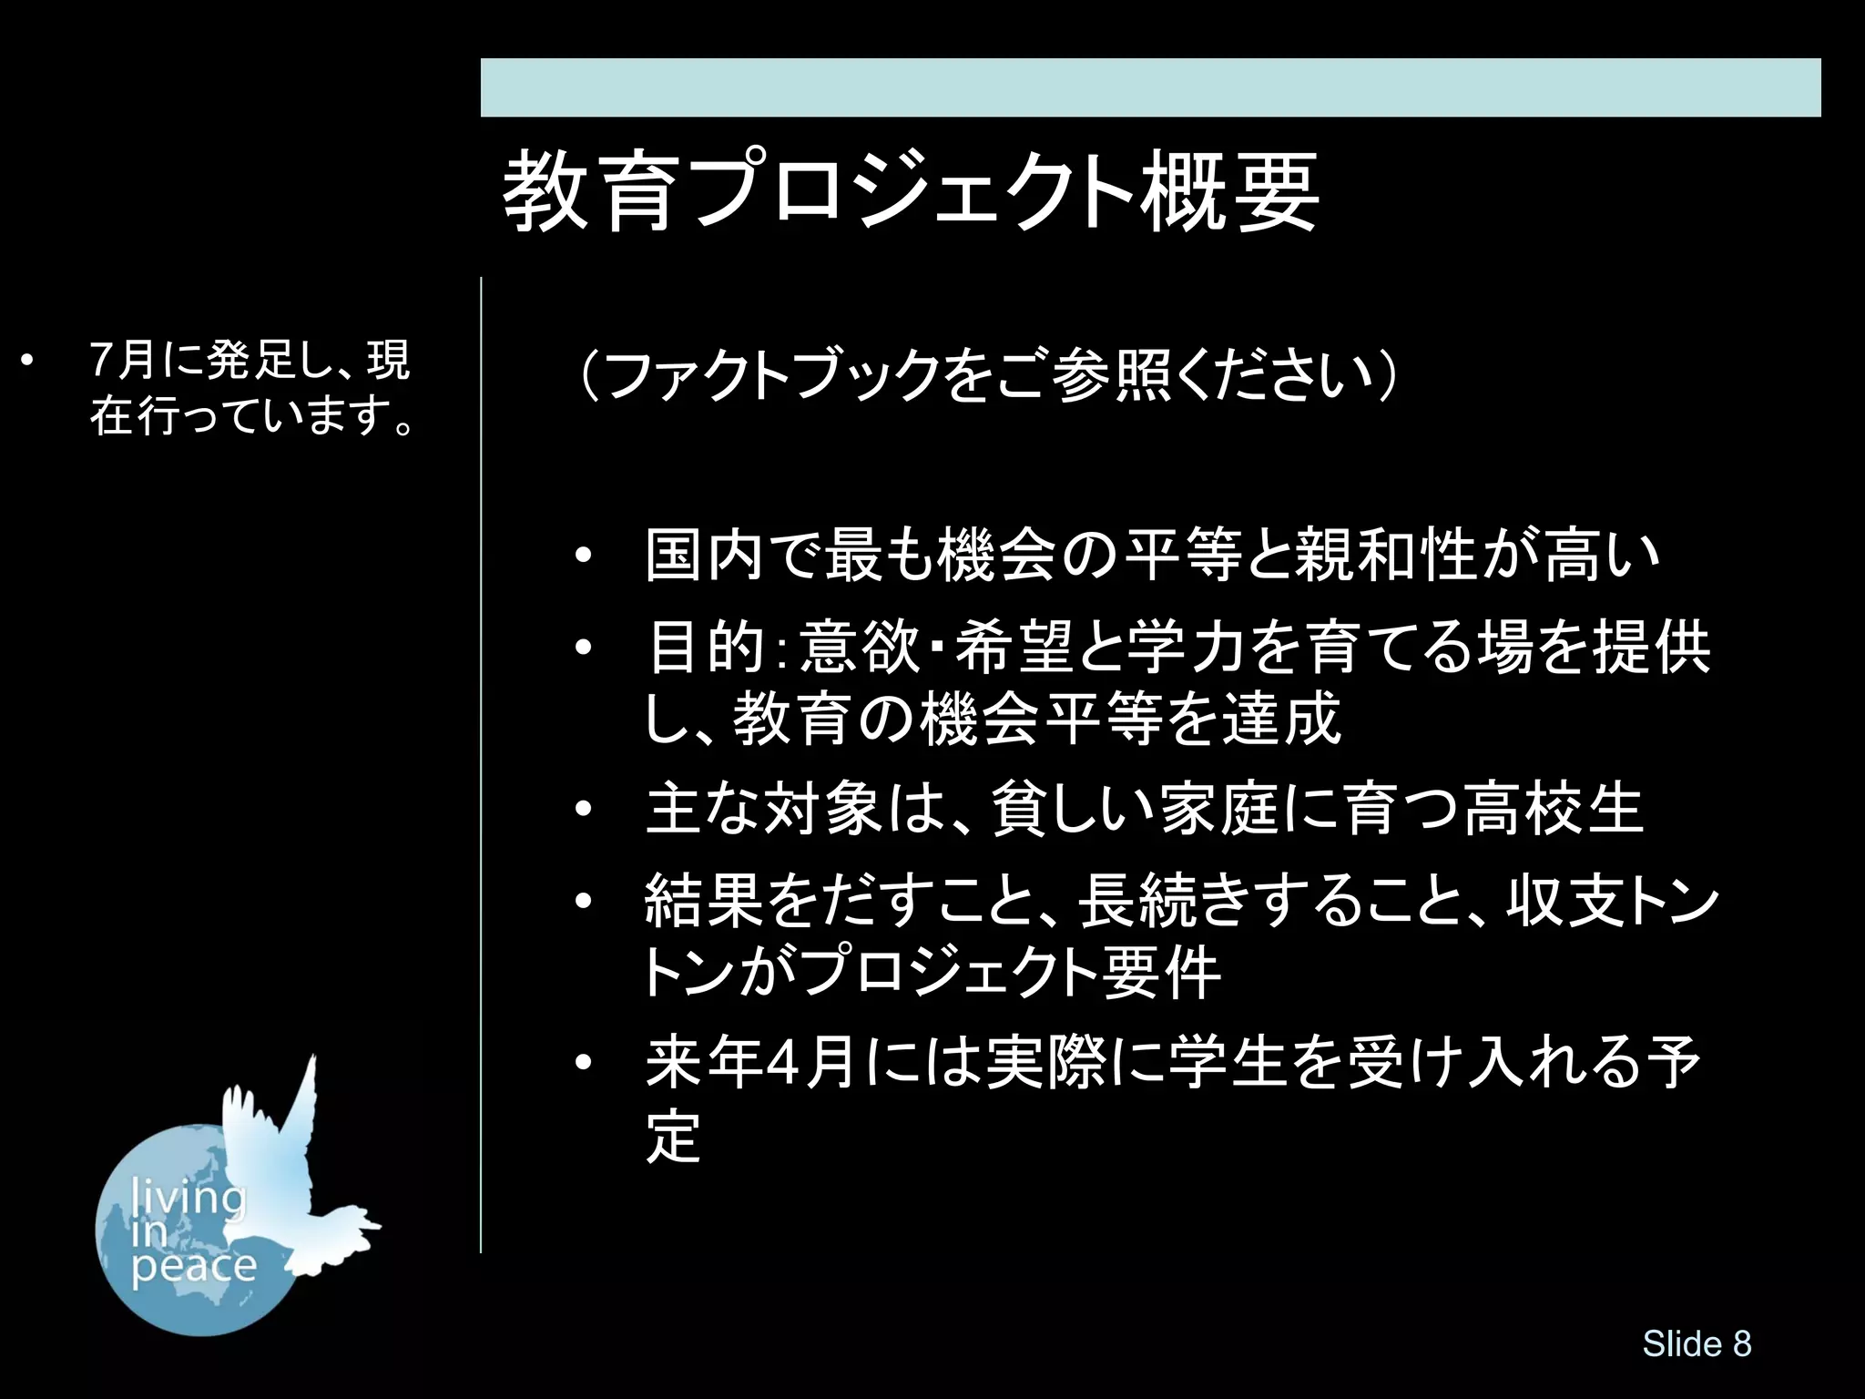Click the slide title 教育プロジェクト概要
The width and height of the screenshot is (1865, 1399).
[x=911, y=192]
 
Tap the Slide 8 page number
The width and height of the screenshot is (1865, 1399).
[x=1697, y=1343]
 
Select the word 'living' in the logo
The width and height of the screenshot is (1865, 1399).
[x=189, y=1197]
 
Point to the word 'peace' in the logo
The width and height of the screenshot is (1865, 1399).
[x=193, y=1267]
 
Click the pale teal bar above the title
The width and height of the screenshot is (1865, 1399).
[x=1150, y=87]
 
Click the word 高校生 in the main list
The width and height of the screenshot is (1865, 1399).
[x=1554, y=809]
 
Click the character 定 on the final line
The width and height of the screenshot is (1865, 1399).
[x=674, y=1136]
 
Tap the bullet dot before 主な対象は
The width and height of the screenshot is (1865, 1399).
[x=584, y=809]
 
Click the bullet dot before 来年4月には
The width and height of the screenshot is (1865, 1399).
[x=584, y=1063]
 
